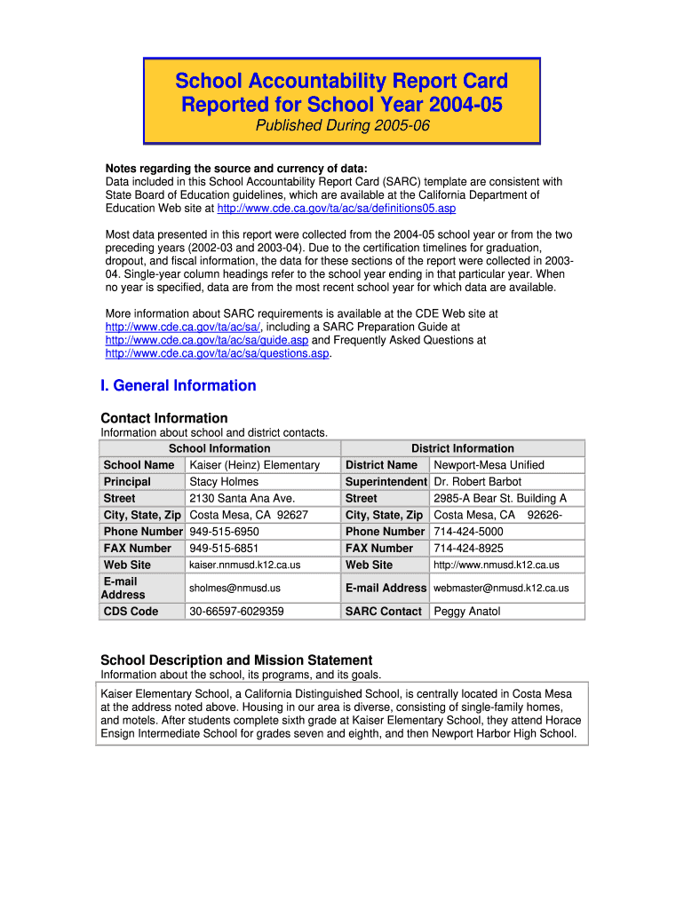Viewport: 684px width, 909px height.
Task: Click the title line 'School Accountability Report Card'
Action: coord(341,82)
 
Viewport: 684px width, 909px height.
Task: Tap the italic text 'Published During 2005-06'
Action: coord(342,126)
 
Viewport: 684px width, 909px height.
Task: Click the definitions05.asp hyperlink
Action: coord(336,208)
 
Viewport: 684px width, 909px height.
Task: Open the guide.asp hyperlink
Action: coord(207,340)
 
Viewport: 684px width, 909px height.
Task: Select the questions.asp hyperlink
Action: coord(218,353)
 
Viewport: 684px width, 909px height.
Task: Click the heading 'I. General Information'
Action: coord(178,385)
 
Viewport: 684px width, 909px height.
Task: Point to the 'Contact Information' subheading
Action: coord(164,418)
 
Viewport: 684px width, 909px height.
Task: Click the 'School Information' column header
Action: coord(219,448)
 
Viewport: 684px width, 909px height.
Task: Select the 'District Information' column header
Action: coord(462,448)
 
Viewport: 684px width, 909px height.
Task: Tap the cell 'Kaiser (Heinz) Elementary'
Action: coord(255,465)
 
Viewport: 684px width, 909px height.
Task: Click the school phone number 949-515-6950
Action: coord(225,532)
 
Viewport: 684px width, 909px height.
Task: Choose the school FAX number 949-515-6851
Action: coord(225,549)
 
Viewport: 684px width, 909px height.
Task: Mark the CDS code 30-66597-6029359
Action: coord(237,612)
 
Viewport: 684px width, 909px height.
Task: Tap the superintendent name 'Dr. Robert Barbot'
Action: coord(477,482)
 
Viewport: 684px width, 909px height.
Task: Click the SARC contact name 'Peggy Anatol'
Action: coord(466,612)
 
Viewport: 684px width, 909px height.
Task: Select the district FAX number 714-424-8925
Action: coord(468,549)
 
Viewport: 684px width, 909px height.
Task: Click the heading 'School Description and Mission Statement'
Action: coord(236,660)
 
